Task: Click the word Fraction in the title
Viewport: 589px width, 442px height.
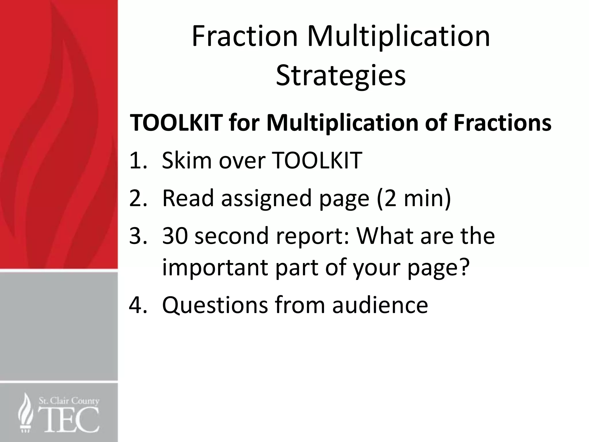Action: click(244, 37)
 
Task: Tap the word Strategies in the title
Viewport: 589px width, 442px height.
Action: click(341, 75)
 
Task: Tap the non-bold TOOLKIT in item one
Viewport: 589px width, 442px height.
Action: click(316, 160)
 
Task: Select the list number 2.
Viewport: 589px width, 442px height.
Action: click(138, 198)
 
